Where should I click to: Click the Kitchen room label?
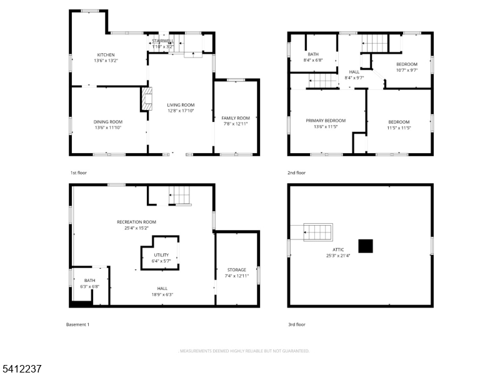click(x=106, y=55)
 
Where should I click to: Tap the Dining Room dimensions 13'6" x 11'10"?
click(x=108, y=127)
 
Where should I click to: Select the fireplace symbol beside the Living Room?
click(x=146, y=99)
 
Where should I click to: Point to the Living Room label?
click(x=181, y=105)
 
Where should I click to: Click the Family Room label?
click(x=236, y=118)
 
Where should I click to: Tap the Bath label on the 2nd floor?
click(x=313, y=54)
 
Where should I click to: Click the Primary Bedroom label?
click(x=326, y=121)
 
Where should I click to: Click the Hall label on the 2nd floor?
click(x=354, y=72)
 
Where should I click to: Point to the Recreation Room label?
click(x=136, y=222)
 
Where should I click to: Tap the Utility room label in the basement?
click(x=161, y=255)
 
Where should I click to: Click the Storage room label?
click(x=236, y=269)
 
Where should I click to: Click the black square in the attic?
click(x=365, y=245)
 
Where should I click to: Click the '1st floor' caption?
click(x=79, y=172)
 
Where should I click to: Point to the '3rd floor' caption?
click(x=296, y=324)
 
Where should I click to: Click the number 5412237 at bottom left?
click(x=21, y=369)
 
